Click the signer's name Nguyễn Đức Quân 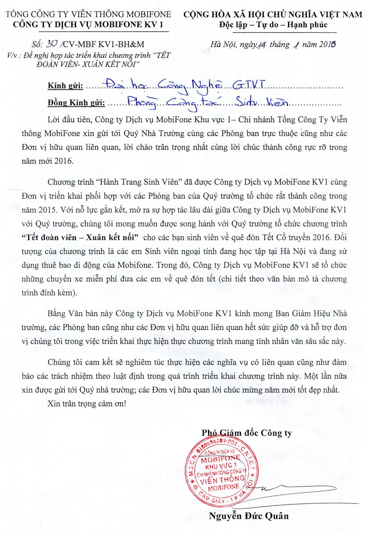248,516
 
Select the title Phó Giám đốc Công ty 247,433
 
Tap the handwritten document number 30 45,44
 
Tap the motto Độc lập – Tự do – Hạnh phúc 273,24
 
